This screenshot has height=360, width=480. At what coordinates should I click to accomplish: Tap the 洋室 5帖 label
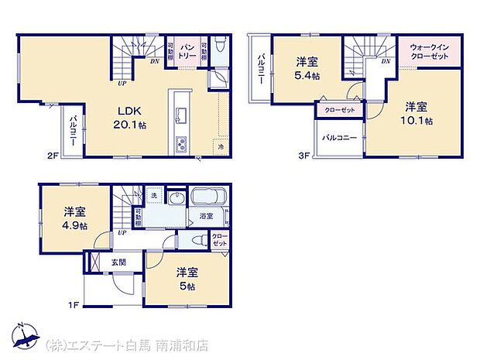185,278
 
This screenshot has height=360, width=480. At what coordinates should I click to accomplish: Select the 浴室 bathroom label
206,216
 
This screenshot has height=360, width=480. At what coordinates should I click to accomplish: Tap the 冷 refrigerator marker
221,146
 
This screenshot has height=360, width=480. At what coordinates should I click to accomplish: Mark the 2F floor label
51,155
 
